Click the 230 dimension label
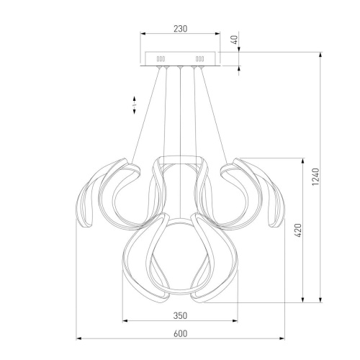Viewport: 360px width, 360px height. pyautogui.click(x=180, y=29)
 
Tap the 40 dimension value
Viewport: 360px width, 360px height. pyautogui.click(x=235, y=40)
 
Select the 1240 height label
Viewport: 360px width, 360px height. pyautogui.click(x=315, y=176)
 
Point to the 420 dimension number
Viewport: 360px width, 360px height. pyautogui.click(x=298, y=230)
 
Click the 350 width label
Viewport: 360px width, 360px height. pyautogui.click(x=180, y=315)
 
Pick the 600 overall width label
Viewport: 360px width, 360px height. pyautogui.click(x=180, y=333)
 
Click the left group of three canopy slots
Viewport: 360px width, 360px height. pyautogui.click(x=161, y=59)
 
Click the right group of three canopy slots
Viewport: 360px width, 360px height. pyautogui.click(x=200, y=59)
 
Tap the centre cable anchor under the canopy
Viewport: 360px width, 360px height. pyautogui.click(x=180, y=67)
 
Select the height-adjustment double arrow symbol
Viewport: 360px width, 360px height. pyautogui.click(x=135, y=105)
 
